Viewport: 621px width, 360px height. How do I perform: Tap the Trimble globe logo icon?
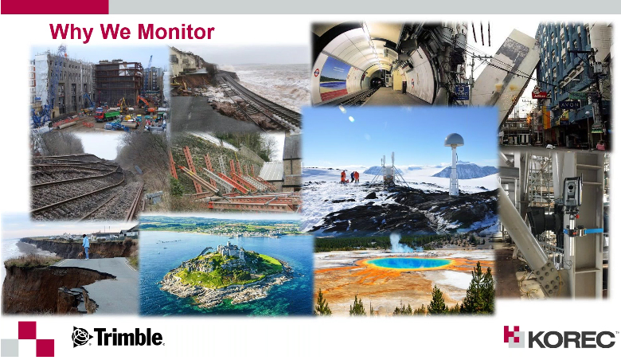[x=82, y=337]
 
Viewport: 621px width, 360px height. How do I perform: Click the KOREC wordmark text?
[x=572, y=339]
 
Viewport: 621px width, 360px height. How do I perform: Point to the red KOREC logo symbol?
[x=514, y=337]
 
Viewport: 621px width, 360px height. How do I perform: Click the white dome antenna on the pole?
[x=454, y=140]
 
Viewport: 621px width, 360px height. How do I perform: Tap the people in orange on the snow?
[x=350, y=177]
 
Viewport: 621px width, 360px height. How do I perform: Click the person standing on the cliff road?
[x=85, y=246]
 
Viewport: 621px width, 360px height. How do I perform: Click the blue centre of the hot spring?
[x=408, y=263]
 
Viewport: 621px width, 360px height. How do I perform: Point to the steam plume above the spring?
[x=396, y=242]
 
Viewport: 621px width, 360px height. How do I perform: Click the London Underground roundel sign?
[x=316, y=72]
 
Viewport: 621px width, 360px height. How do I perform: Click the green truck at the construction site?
[x=107, y=115]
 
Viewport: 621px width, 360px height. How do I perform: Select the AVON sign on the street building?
[x=570, y=105]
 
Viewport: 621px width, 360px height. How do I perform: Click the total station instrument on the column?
[x=572, y=191]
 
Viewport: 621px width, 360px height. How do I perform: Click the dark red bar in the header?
[x=55, y=7]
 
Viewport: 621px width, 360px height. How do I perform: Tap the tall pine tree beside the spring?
[x=479, y=288]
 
